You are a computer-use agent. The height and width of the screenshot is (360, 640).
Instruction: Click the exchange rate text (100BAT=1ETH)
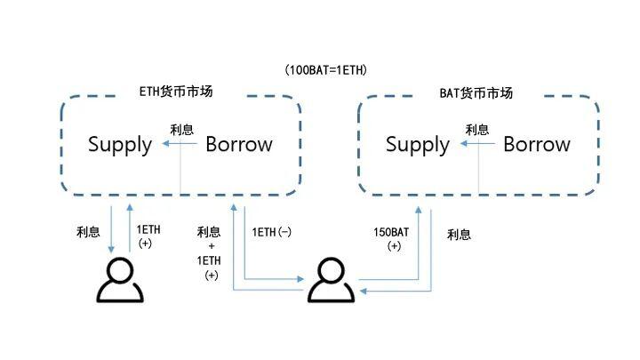tap(326, 69)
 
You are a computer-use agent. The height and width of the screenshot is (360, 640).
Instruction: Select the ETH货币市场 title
tap(176, 92)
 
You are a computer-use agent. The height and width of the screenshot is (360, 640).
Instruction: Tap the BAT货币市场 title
tap(476, 92)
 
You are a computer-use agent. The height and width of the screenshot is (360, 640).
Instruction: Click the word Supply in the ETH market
tap(119, 145)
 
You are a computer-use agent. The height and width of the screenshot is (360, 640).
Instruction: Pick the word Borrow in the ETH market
tap(239, 145)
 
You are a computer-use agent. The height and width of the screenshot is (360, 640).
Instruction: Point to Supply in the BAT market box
tap(418, 145)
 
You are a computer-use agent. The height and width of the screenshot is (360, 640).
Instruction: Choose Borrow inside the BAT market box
tap(537, 145)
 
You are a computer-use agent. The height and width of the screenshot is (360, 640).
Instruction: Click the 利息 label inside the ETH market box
tap(181, 130)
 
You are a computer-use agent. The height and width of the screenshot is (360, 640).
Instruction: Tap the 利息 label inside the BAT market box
tap(477, 130)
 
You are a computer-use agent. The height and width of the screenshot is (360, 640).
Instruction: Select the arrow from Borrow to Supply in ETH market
tap(174, 145)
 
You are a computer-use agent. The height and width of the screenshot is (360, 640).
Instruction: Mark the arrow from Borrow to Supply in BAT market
tap(471, 145)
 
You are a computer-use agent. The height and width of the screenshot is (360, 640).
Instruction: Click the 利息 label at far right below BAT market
tap(459, 235)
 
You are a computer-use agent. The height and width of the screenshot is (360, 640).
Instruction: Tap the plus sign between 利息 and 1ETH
tap(211, 245)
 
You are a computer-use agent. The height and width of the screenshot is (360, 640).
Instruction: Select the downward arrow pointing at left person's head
tap(111, 231)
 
